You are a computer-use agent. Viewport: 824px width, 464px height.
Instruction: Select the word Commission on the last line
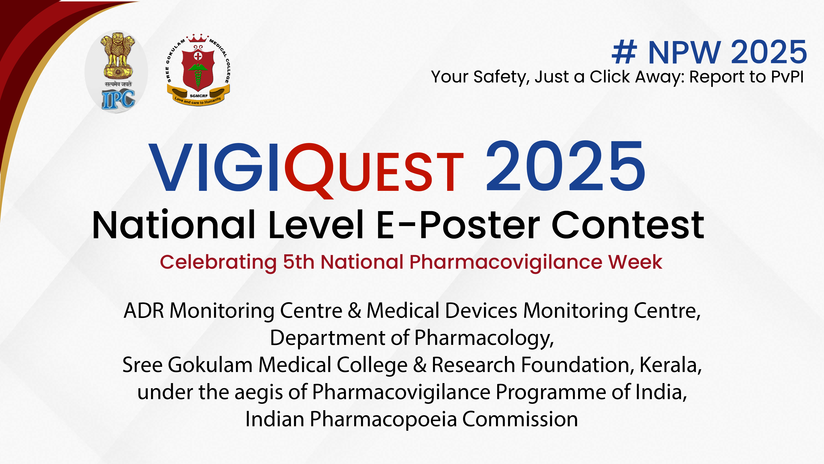point(520,419)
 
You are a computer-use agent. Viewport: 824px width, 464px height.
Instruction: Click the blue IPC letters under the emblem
point(118,100)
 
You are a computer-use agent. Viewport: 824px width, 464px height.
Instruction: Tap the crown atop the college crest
point(197,38)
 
